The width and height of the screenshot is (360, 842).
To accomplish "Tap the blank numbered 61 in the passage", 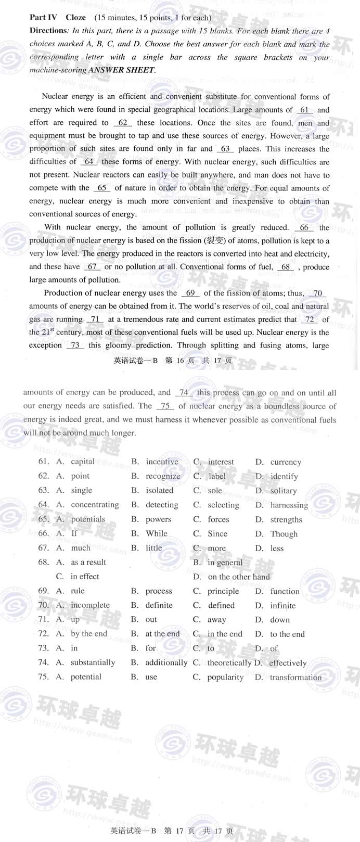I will [x=304, y=110].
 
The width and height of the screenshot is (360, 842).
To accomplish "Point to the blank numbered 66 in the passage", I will [x=304, y=227].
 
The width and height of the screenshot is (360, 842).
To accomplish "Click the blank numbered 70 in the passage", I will [x=317, y=293].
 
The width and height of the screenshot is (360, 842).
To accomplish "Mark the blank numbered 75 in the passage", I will [x=165, y=406].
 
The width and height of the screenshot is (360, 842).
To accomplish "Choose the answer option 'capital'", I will [x=83, y=462].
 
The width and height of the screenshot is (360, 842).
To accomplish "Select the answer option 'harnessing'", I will [x=289, y=505].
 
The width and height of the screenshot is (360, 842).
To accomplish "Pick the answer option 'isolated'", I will [x=159, y=490].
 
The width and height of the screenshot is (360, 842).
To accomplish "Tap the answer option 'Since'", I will [x=217, y=533].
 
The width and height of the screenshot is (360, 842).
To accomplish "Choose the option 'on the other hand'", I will [x=239, y=577].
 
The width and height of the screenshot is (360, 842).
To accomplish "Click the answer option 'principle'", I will [x=223, y=591].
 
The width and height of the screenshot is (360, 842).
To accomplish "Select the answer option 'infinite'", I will [x=282, y=606].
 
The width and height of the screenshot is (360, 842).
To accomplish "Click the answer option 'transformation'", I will [x=295, y=677].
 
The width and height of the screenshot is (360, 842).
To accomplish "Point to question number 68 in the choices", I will [x=43, y=562].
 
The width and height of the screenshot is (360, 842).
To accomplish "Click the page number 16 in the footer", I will [x=180, y=360].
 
